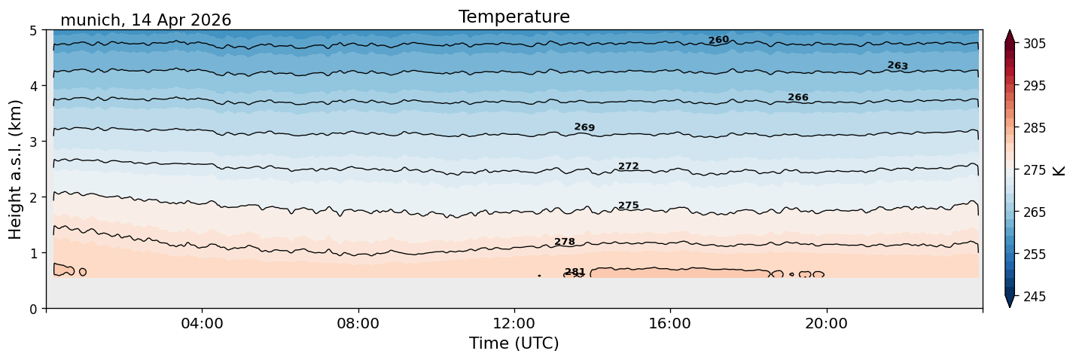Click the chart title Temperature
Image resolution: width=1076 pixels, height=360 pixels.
tap(514, 17)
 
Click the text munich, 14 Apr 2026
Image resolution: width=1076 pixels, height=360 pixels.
tap(145, 20)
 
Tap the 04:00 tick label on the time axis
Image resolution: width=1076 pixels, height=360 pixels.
tap(203, 323)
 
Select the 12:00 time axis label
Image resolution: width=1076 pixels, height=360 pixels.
tap(514, 323)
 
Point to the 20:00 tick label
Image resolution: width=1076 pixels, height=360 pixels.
tap(826, 323)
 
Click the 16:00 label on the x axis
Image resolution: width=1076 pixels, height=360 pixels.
tap(670, 323)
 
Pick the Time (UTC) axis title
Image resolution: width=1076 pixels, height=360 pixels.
tap(514, 343)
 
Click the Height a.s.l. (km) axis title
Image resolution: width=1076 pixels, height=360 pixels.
tap(15, 169)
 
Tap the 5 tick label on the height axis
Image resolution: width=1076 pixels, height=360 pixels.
tap(33, 31)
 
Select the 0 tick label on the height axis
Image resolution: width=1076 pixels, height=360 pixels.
tap(33, 309)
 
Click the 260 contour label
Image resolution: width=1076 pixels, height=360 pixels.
tap(718, 40)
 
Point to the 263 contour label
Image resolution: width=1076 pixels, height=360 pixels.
tap(898, 66)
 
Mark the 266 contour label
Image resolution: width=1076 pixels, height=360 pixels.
tap(798, 97)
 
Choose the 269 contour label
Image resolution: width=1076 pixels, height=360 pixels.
tap(584, 127)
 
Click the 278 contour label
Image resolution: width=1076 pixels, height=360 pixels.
tap(565, 241)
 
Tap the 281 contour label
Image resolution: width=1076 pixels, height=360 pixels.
tap(575, 272)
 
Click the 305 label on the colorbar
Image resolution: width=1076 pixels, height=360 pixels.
tap(1034, 44)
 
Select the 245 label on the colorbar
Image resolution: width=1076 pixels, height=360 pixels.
tap(1034, 297)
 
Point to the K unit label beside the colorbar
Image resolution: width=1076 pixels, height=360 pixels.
tap(1058, 171)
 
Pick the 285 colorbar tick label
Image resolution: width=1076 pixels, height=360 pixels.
tap(1034, 128)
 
